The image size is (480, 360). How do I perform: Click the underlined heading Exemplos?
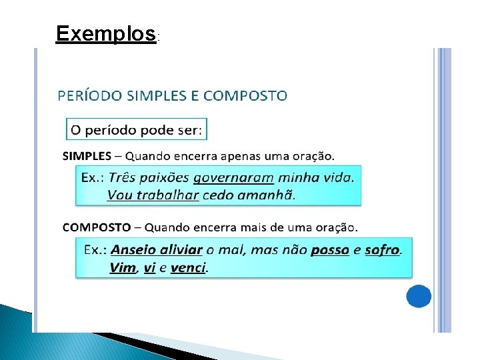point(106,33)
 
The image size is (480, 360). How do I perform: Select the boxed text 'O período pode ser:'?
point(137,129)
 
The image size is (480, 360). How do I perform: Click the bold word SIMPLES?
point(87,156)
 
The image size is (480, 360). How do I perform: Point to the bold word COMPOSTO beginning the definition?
point(97,227)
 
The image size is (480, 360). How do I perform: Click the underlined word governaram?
point(233,178)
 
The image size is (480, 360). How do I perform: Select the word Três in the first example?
point(122,178)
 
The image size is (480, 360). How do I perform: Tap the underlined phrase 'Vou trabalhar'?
point(153,195)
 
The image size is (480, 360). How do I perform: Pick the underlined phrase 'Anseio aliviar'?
point(156,250)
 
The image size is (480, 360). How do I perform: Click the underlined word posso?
point(330,250)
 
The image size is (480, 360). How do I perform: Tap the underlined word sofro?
point(382,250)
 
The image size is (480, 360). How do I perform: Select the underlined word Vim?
point(123,267)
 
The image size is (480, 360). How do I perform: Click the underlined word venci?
point(189,267)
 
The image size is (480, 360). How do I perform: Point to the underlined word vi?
point(149,267)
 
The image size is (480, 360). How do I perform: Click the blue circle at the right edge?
point(419,296)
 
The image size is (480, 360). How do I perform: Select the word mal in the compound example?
point(231,250)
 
